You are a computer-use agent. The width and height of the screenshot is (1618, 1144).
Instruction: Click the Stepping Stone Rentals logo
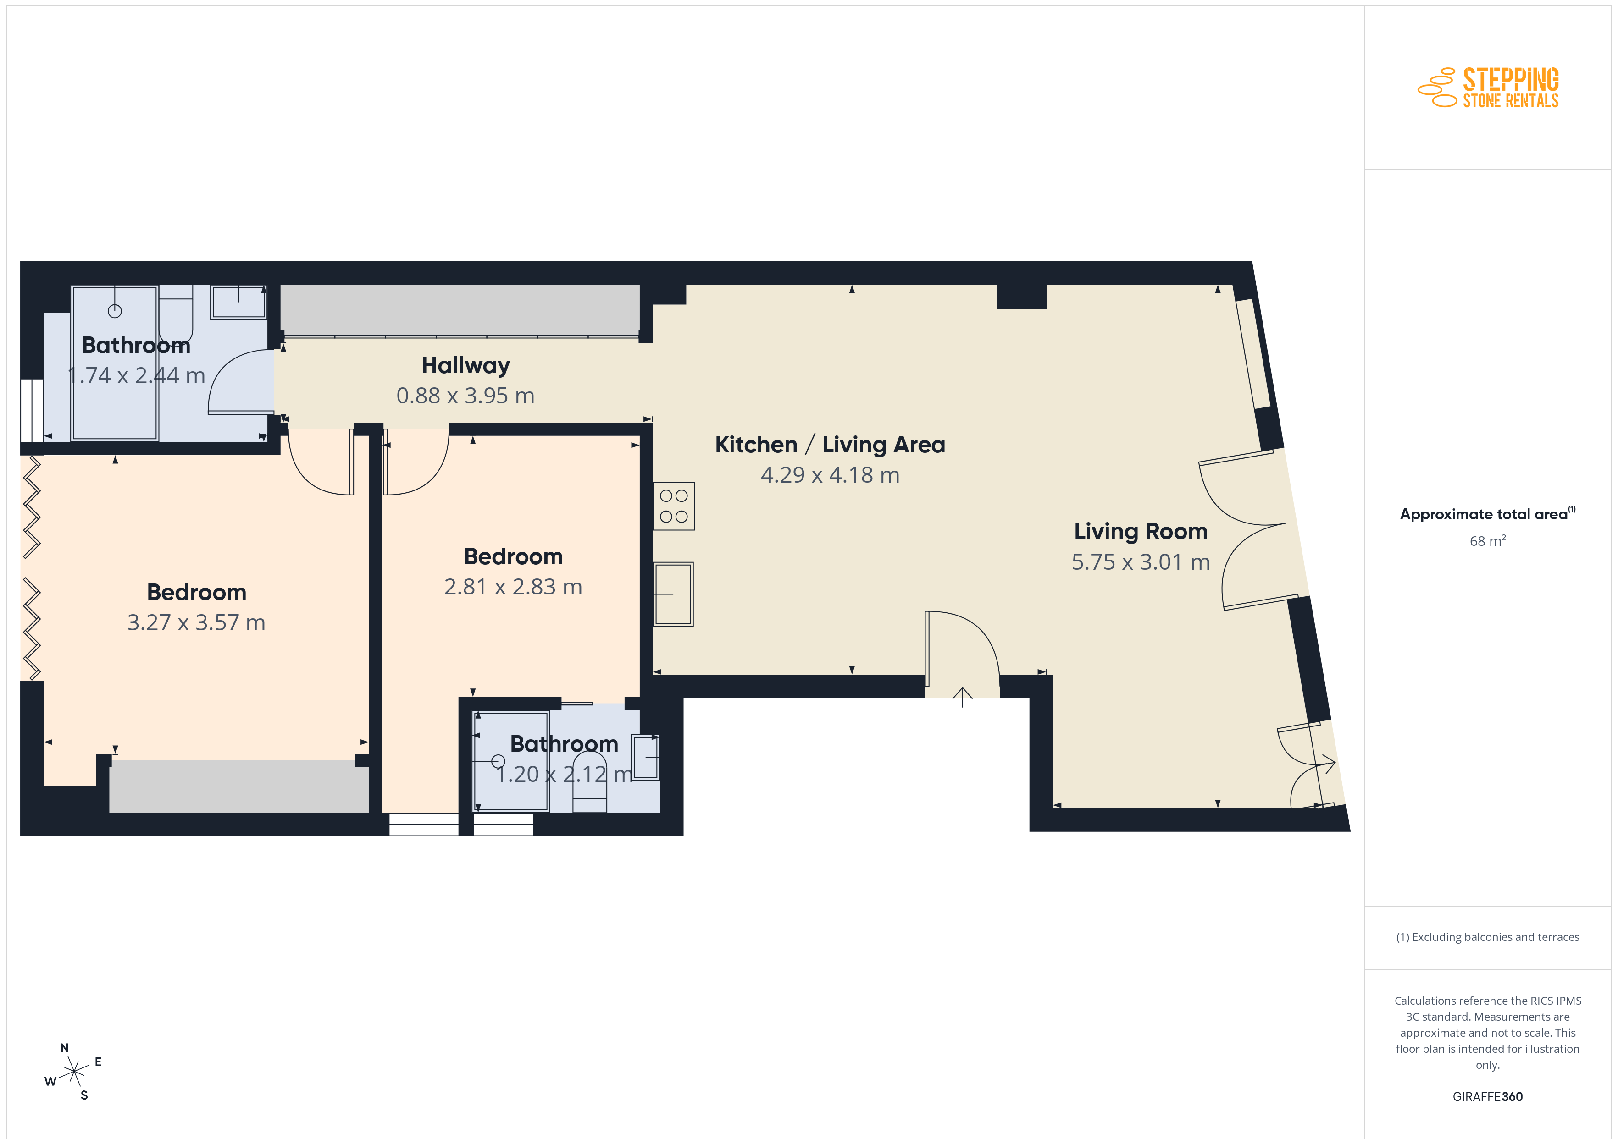click(x=1488, y=88)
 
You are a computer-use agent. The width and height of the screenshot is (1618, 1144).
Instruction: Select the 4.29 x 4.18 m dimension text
click(x=830, y=475)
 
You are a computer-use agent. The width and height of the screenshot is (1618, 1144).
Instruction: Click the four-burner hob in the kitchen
click(x=674, y=506)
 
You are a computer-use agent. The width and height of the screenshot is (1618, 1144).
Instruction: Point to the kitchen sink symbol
click(x=674, y=594)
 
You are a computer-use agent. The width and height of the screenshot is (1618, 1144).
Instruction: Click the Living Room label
click(x=1140, y=531)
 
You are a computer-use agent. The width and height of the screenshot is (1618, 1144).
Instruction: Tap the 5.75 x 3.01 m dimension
click(x=1140, y=561)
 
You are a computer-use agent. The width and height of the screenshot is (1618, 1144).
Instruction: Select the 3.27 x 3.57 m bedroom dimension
click(x=196, y=622)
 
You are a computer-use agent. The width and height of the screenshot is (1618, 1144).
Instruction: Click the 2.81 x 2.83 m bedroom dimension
click(x=513, y=586)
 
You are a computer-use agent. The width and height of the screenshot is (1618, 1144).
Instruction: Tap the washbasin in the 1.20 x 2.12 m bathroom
click(x=646, y=757)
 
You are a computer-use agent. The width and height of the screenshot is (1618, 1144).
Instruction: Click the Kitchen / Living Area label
click(x=830, y=445)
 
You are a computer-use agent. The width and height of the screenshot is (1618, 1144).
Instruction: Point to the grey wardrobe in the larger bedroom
click(x=239, y=786)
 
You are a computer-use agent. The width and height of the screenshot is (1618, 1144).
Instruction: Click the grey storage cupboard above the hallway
click(x=460, y=310)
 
